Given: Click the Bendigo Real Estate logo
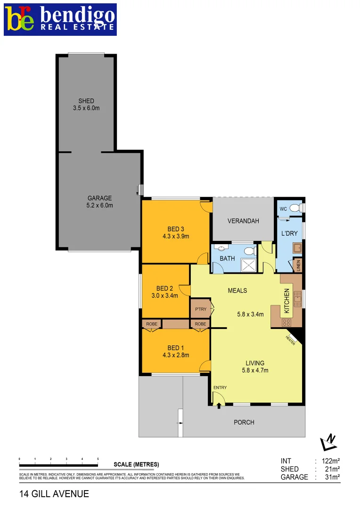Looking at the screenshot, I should pos(60,19).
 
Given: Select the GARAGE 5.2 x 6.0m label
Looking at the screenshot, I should pos(99,202).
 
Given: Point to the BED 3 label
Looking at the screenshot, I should pos(175,233).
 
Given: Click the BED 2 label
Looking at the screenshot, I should pos(164,292).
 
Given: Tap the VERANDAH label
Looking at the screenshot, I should pos(243,221).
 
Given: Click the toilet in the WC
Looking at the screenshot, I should pos(295,207).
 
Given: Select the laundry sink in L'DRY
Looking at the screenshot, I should pos(297,247).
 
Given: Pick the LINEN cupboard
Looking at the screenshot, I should pos(297,265).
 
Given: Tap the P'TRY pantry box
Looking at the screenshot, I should pos(200,309).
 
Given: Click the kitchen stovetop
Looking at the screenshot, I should pos(286,322).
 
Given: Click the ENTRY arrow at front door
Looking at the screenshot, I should pos(219,404).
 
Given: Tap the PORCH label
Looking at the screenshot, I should pos(244,422).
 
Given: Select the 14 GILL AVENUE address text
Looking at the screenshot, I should pos(54,494).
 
